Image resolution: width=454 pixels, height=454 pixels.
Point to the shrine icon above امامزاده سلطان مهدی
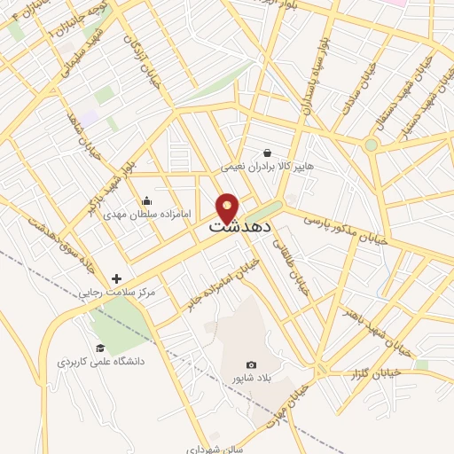146,201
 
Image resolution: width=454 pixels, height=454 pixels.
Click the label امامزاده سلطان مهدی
135,215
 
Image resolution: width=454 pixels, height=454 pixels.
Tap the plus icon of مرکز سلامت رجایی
116,278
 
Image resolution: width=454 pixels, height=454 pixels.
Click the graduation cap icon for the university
100,348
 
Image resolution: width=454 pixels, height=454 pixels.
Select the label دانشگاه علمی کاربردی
101,362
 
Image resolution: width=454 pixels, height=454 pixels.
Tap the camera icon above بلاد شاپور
251,365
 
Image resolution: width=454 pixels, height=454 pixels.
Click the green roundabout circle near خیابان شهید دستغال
371,145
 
